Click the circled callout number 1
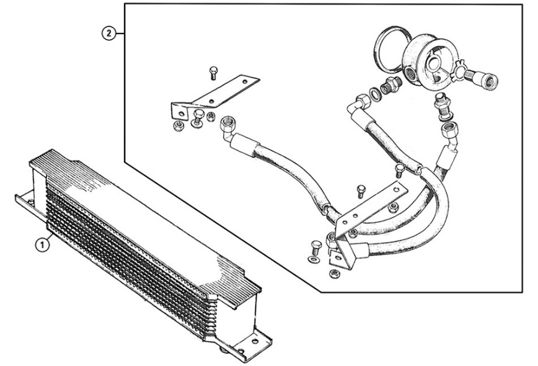(x=42, y=245)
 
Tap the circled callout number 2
(x=108, y=33)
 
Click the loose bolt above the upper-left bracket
(x=213, y=73)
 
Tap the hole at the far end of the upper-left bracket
(x=245, y=83)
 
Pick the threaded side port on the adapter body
(x=411, y=73)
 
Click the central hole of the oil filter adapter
(x=433, y=63)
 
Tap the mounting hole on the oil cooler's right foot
(x=255, y=342)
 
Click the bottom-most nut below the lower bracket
(x=332, y=274)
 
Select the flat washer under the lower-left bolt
(x=314, y=259)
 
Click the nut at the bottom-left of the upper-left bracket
(x=179, y=127)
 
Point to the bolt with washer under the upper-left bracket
(x=196, y=118)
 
